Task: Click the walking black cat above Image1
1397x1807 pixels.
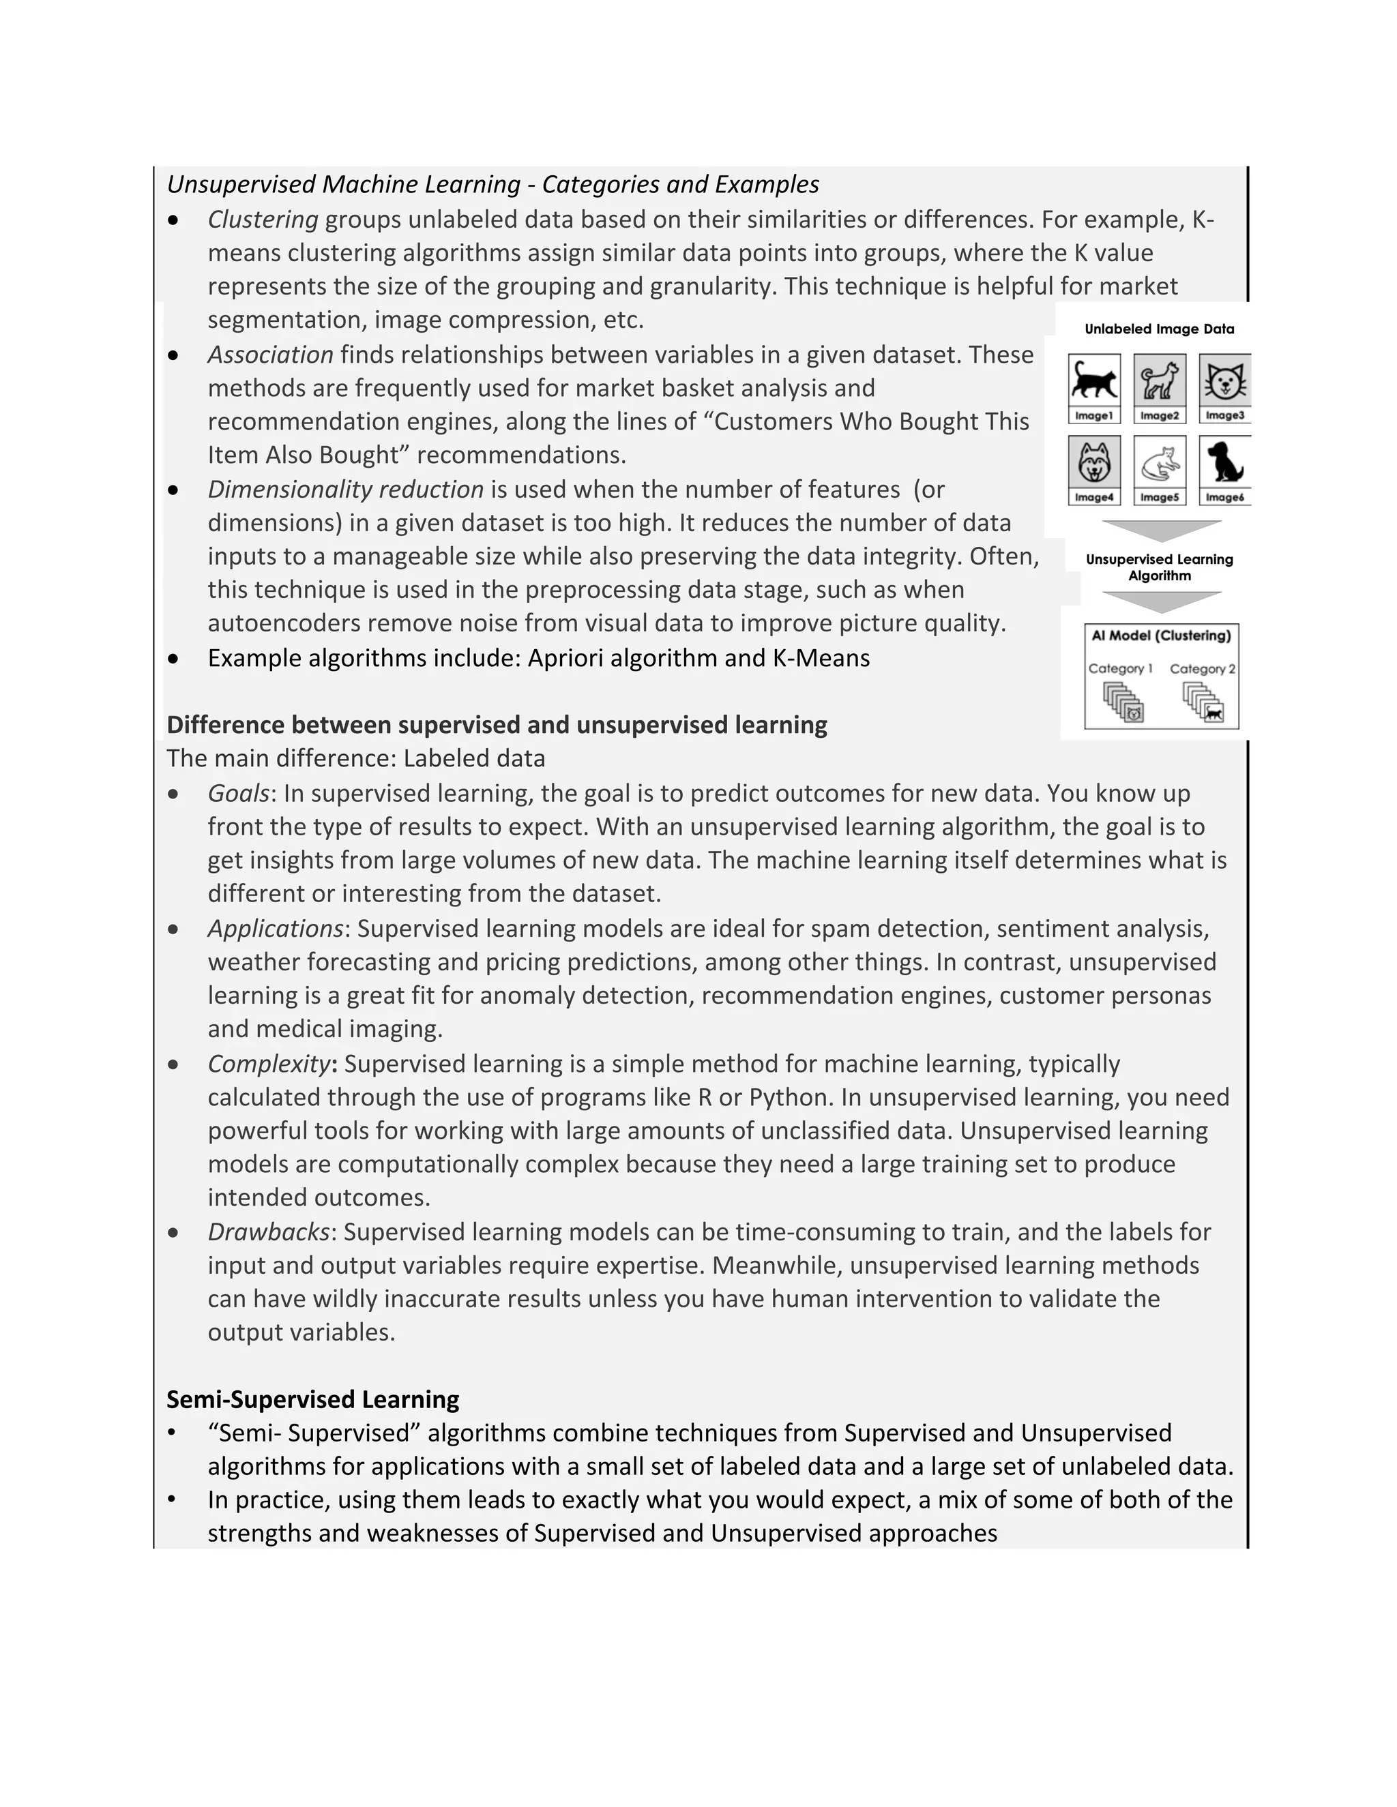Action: point(1094,381)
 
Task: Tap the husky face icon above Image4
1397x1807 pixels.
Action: point(1094,462)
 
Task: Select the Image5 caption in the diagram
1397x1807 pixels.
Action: point(1159,497)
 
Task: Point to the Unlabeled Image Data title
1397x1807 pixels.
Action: point(1159,329)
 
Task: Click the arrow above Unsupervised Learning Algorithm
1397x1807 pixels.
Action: point(1162,531)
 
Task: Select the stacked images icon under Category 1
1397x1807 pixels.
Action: point(1123,704)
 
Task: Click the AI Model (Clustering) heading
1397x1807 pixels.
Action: point(1161,636)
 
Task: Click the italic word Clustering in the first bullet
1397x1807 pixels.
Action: point(263,220)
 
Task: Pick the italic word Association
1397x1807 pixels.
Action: point(270,355)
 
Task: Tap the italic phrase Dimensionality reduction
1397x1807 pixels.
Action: point(345,490)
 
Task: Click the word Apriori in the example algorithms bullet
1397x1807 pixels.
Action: point(563,659)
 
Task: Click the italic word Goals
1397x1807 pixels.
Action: point(237,794)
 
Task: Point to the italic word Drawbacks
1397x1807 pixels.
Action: point(268,1232)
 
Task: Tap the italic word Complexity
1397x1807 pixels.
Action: point(268,1064)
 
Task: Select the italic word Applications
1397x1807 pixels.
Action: point(275,929)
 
